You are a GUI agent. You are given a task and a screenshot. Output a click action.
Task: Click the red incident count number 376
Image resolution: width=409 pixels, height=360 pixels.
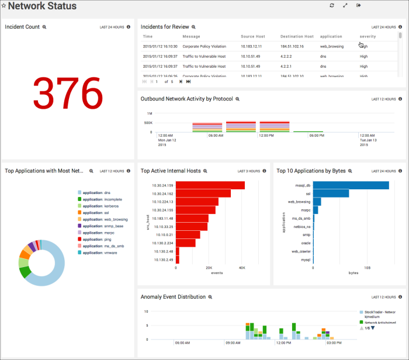pyautogui.click(x=68, y=92)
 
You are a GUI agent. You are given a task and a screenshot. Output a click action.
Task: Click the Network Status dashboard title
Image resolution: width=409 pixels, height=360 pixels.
pyautogui.click(x=42, y=6)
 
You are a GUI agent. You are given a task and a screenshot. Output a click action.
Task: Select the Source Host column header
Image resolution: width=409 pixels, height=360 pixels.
pyautogui.click(x=252, y=36)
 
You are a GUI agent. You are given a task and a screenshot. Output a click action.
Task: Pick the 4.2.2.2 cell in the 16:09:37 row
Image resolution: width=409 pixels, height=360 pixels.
pyautogui.click(x=286, y=56)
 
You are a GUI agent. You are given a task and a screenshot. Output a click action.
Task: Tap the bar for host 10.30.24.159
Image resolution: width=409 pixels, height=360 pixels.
pyautogui.click(x=210, y=185)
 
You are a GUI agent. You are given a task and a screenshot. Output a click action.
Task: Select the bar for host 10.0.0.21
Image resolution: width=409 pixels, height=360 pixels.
pyautogui.click(x=188, y=234)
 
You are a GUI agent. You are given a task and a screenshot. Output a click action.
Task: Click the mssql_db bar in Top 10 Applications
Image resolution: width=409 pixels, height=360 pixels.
pyautogui.click(x=351, y=185)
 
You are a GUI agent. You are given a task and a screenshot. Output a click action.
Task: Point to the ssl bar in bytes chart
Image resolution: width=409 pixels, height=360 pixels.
pyautogui.click(x=331, y=193)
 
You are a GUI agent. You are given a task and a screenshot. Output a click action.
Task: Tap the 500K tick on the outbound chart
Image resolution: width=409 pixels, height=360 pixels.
pyautogui.click(x=148, y=123)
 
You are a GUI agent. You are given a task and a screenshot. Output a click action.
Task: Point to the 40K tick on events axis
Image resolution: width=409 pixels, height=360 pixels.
pyautogui.click(x=242, y=268)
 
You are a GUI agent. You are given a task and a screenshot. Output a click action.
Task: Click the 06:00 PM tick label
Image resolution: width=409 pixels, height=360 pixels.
pyautogui.click(x=316, y=136)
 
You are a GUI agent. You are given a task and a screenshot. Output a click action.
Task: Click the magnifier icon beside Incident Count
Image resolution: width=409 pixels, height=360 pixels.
pyautogui.click(x=44, y=27)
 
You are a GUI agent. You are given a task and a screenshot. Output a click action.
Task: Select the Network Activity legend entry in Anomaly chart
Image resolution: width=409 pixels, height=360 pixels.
pyautogui.click(x=380, y=322)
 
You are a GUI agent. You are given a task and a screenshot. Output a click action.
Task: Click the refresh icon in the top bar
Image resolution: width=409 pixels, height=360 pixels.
pyautogui.click(x=331, y=5)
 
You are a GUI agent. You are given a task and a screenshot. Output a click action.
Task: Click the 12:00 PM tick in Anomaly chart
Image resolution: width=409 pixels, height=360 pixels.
pyautogui.click(x=284, y=343)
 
